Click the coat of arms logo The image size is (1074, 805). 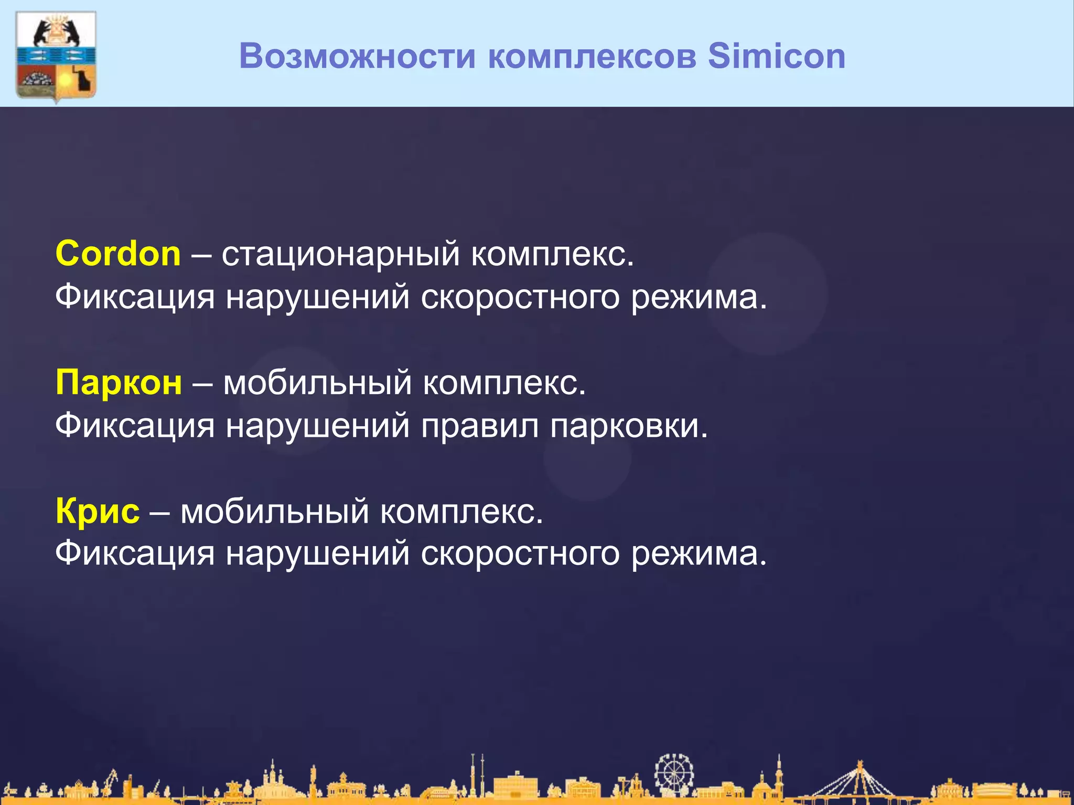[56, 56]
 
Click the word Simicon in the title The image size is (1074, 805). [776, 56]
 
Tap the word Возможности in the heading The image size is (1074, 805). [357, 56]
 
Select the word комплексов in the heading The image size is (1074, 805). [592, 56]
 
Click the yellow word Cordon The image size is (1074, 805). [118, 254]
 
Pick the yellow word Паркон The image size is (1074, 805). [119, 382]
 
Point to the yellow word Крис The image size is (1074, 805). [98, 511]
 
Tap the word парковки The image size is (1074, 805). [629, 426]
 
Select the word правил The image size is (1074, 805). [480, 426]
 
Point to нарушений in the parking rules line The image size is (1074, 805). [318, 426]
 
